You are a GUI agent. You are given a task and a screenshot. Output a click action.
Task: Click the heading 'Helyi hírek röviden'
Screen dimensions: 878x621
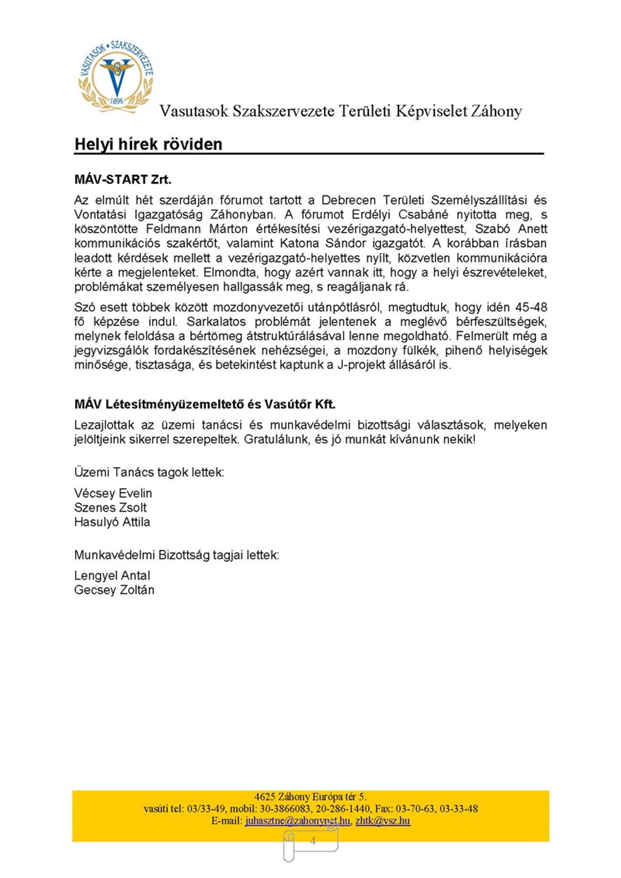(148, 144)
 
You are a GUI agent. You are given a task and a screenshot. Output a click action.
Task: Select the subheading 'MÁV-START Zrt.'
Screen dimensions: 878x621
(123, 179)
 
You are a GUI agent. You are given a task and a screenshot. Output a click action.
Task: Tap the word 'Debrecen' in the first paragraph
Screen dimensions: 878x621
(348, 200)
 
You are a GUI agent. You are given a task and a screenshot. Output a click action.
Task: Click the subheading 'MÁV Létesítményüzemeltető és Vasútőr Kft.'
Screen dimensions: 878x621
(205, 404)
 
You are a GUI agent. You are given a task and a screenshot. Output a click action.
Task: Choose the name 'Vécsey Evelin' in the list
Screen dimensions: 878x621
(113, 493)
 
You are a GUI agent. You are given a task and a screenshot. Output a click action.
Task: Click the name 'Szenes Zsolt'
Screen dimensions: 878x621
(110, 508)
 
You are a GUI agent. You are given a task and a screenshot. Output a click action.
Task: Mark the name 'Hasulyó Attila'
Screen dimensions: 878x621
(112, 522)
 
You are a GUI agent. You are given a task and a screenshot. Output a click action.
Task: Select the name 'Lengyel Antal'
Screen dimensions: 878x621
(112, 575)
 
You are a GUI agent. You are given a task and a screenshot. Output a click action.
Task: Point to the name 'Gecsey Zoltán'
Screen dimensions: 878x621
(114, 590)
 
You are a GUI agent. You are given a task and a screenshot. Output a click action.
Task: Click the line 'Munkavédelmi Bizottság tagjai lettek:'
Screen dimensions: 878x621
(177, 555)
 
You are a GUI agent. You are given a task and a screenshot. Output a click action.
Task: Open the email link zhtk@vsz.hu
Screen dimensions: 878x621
(383, 820)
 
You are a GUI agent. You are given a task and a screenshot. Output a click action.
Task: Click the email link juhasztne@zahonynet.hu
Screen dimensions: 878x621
(297, 820)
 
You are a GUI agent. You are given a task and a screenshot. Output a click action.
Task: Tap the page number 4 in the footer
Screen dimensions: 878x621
(313, 841)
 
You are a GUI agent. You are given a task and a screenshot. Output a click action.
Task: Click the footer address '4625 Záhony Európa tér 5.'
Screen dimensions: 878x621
(310, 797)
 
